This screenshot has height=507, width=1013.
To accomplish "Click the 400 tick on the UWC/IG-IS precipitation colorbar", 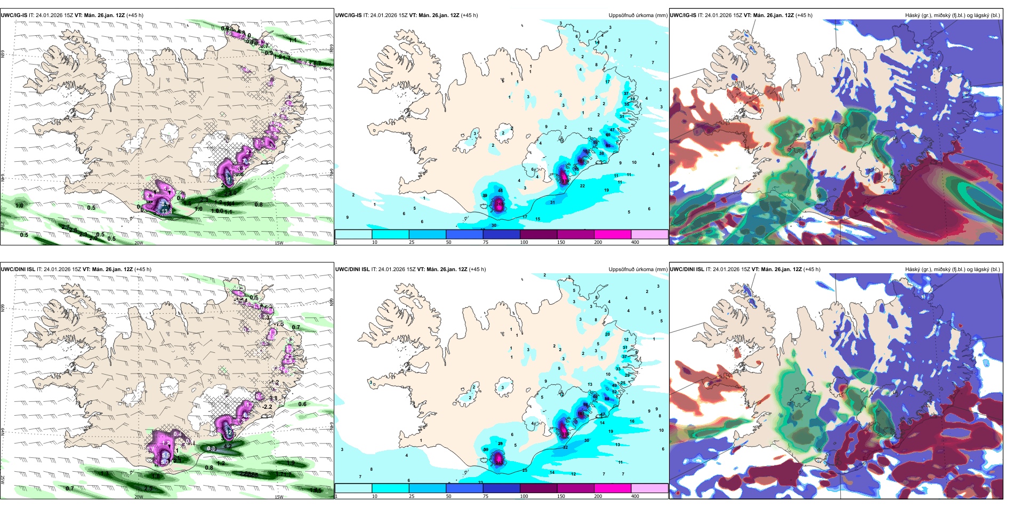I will point(635,242).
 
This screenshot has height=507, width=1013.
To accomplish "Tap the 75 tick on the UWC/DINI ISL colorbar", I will point(486,496).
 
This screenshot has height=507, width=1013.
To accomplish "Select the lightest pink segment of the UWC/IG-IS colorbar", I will point(649,234).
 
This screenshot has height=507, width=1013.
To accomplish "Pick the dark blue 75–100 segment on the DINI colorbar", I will point(501,488).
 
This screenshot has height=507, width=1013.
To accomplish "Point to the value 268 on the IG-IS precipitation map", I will point(500,203).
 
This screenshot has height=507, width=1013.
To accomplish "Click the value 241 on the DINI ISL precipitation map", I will point(499,458).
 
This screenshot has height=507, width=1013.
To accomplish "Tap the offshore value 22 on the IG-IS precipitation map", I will point(582,186).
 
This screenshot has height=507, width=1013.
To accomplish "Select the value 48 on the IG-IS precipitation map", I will point(500,191).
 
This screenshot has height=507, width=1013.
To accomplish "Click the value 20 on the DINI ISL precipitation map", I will point(607,334).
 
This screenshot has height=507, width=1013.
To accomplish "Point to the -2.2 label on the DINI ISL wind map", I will point(267,407).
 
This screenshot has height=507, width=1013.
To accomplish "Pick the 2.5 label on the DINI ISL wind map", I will point(148,488).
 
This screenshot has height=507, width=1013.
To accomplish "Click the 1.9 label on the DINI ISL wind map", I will point(291,463).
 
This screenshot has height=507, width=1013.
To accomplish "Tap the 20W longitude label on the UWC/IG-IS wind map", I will point(139,243).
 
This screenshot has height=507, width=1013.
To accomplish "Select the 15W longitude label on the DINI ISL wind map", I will point(278,497).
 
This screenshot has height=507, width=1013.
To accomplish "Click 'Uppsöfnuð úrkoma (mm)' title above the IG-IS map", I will point(638,15).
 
